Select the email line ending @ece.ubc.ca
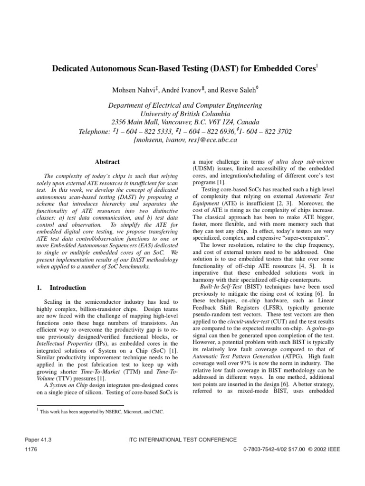click(x=182, y=140)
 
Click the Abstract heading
click(x=107, y=162)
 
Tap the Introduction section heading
click(x=67, y=288)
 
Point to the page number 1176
click(x=31, y=449)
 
